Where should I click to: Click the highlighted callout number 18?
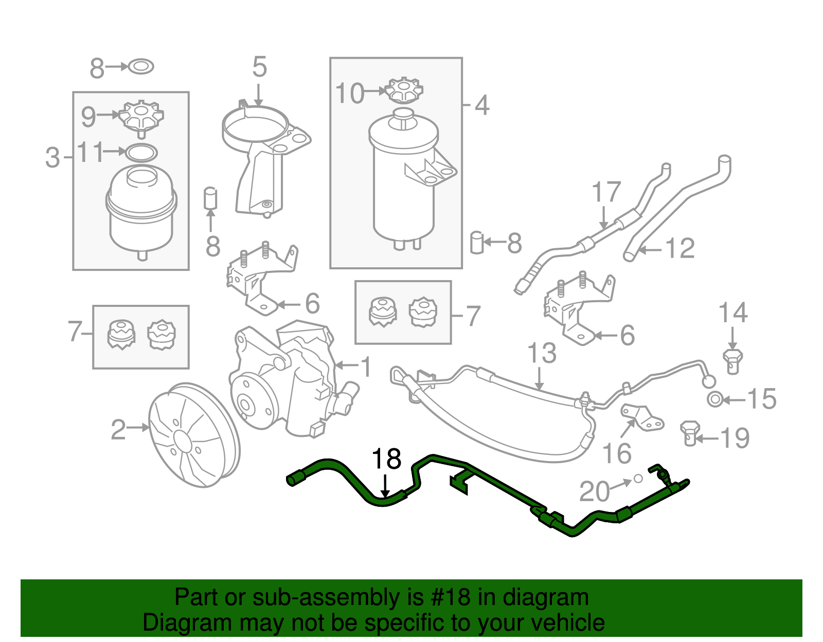(x=386, y=459)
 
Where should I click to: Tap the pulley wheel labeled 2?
(x=194, y=435)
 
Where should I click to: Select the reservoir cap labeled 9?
(x=141, y=116)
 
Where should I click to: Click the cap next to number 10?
(x=404, y=90)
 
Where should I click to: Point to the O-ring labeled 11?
(x=141, y=153)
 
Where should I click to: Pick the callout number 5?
(x=259, y=67)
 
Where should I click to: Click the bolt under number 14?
(x=732, y=360)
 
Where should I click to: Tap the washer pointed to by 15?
(x=714, y=399)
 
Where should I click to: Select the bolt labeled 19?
(x=689, y=433)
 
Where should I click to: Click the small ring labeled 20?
(x=638, y=479)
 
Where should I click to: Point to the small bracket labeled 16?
(x=643, y=417)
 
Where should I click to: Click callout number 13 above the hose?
(x=542, y=353)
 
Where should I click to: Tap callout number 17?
(x=606, y=192)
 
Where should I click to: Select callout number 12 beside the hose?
(x=679, y=248)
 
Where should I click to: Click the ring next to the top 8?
(x=141, y=67)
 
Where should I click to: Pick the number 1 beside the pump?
(x=366, y=367)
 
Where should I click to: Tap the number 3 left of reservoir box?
(x=52, y=158)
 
